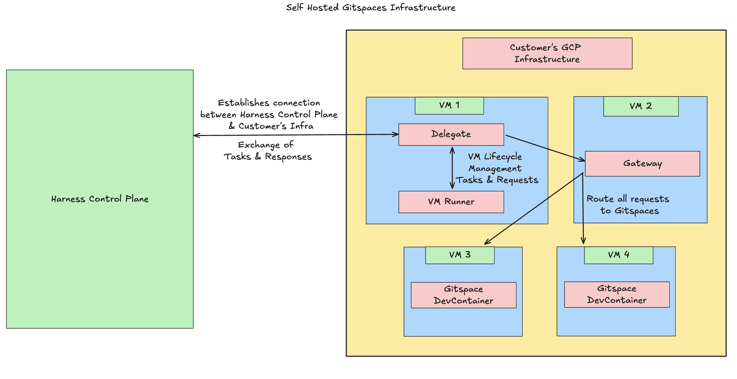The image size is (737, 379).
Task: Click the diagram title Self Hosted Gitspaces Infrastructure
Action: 371,8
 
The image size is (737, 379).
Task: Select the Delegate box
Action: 451,134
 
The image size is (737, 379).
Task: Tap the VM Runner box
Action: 451,202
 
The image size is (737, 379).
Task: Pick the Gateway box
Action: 642,164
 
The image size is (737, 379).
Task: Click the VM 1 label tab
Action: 449,105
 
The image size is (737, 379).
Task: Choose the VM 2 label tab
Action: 641,106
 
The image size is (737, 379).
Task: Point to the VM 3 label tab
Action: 460,255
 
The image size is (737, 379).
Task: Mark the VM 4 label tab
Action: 618,255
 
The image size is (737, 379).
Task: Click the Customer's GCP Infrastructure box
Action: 547,53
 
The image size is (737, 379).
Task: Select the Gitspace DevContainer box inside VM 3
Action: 463,295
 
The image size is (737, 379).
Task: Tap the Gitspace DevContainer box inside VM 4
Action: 617,294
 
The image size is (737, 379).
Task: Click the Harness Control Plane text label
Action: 100,199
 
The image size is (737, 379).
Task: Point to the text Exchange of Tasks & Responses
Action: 267,151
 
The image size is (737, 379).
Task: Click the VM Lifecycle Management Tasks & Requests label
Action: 496,168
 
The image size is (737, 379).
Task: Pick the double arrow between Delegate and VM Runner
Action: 452,168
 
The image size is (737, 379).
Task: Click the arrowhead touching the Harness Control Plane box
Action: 196,135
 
